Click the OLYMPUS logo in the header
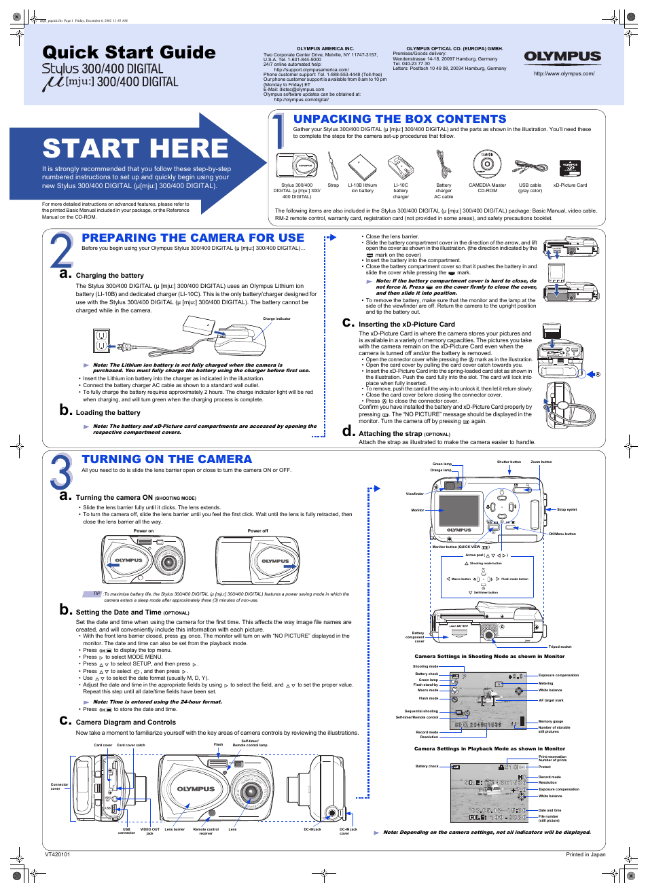point(562,58)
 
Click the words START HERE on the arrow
point(135,149)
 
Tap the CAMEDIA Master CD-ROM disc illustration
point(487,164)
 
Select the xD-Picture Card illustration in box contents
point(570,167)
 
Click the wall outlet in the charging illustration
point(101,340)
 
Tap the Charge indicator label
point(276,318)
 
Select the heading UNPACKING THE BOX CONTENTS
point(399,119)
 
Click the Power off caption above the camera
point(257,531)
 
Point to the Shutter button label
point(509,462)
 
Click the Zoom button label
point(541,462)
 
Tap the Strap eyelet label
point(566,509)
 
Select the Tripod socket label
point(560,646)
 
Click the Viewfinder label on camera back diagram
point(414,494)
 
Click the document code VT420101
point(58,854)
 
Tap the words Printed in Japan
point(586,854)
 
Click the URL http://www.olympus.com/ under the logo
point(564,73)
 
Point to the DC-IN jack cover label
point(348,831)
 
